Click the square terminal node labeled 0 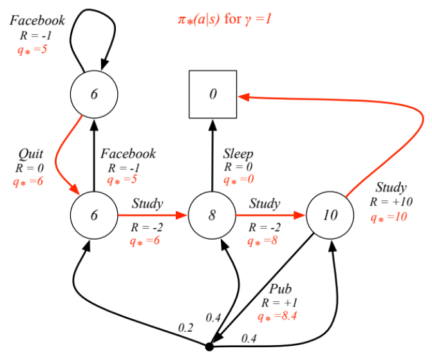[x=212, y=95]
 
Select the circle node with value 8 [x=212, y=215]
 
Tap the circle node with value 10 [x=330, y=215]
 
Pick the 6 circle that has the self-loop [x=94, y=95]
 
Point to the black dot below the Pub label [x=209, y=347]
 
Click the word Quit [x=31, y=154]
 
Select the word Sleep [x=238, y=154]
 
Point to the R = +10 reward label [x=391, y=202]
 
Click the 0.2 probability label [x=186, y=328]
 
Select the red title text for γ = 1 [x=225, y=19]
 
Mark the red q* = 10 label [x=389, y=216]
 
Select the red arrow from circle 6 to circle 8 [x=152, y=215]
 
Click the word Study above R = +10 [x=390, y=188]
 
